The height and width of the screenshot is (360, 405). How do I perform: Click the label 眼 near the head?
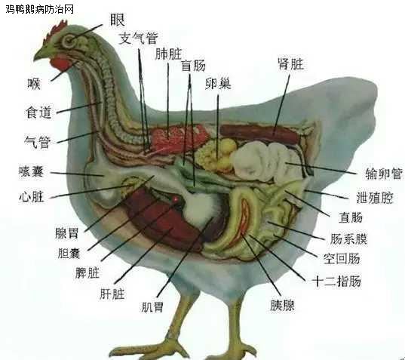pyautogui.click(x=118, y=20)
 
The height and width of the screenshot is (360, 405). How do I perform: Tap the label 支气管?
pyautogui.click(x=138, y=38)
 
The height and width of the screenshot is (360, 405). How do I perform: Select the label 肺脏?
pyautogui.click(x=168, y=54)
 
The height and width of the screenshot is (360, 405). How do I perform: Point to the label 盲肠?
pyautogui.click(x=194, y=66)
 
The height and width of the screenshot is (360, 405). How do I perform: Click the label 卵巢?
pyautogui.click(x=218, y=83)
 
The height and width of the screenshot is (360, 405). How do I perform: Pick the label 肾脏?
pyautogui.click(x=291, y=63)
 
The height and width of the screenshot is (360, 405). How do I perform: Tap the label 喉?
pyautogui.click(x=34, y=84)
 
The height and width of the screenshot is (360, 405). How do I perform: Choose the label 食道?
pyautogui.click(x=38, y=112)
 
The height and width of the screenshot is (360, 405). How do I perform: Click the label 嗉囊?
pyautogui.click(x=31, y=171)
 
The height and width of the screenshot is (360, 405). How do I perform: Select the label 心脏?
pyautogui.click(x=31, y=197)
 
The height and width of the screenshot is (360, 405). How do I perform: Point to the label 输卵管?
pyautogui.click(x=384, y=174)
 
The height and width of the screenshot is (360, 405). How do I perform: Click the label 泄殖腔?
pyautogui.click(x=375, y=198)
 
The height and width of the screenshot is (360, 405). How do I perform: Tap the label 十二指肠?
pyautogui.click(x=337, y=282)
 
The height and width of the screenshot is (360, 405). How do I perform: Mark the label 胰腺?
pyautogui.click(x=283, y=305)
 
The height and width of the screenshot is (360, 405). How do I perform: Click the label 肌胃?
pyautogui.click(x=152, y=307)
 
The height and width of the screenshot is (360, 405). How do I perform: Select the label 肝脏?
pyautogui.click(x=112, y=294)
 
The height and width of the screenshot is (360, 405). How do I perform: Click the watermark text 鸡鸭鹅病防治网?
pyautogui.click(x=40, y=9)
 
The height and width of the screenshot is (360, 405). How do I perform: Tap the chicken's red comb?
pyautogui.click(x=58, y=29)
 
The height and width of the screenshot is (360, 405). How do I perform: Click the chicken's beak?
pyautogui.click(x=41, y=53)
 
